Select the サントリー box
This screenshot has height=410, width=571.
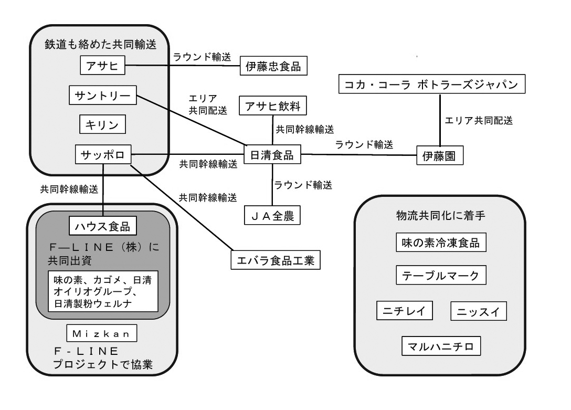click(103, 96)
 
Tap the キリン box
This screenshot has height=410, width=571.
click(103, 125)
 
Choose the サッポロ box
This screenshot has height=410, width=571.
click(103, 155)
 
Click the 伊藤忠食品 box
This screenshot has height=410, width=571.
click(273, 67)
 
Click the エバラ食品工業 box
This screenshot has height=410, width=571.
click(275, 259)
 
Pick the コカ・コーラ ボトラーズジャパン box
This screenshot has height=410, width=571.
click(432, 84)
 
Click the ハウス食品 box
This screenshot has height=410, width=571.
click(103, 227)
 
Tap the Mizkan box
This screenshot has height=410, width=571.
click(102, 332)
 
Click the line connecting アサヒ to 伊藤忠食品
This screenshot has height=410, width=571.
click(184, 66)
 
